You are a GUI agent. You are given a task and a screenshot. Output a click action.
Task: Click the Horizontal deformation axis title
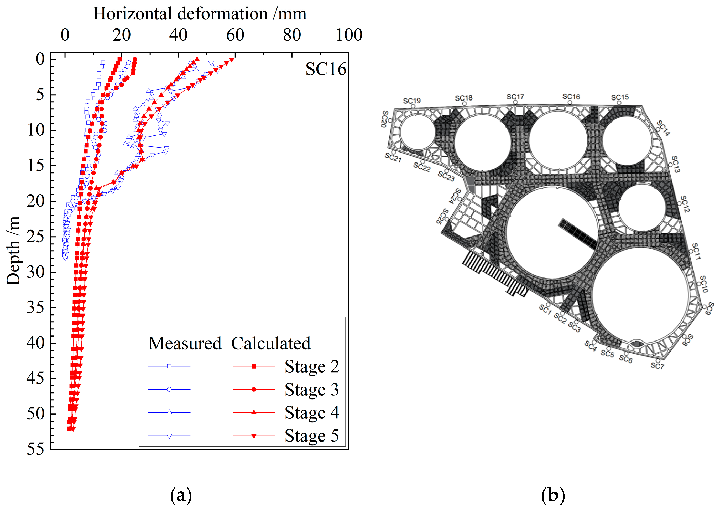[x=200, y=14]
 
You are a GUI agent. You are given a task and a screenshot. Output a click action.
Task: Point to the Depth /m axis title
[x=13, y=251]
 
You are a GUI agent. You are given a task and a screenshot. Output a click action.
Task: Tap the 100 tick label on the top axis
[x=349, y=35]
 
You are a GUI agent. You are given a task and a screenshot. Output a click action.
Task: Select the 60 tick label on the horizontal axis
[x=235, y=35]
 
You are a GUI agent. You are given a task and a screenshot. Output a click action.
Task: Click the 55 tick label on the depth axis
[x=35, y=449]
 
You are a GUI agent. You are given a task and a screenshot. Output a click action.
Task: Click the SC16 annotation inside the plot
[x=326, y=69]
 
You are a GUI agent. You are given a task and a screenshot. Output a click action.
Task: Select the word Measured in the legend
[x=185, y=343]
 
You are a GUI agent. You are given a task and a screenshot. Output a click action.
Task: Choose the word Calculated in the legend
[x=271, y=343]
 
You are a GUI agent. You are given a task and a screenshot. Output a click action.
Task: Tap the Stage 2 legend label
[x=312, y=366]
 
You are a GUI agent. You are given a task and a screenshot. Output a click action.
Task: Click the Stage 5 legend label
[x=312, y=436]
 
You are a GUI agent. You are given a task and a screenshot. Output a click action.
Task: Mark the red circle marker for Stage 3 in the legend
[x=254, y=389]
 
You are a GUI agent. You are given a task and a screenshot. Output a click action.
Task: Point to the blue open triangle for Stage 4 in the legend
[x=169, y=412]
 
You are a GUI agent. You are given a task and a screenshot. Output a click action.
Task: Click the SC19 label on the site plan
[x=412, y=101]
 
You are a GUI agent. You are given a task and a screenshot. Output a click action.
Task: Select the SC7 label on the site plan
[x=657, y=366]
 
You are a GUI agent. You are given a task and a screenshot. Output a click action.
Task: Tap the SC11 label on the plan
[x=696, y=252]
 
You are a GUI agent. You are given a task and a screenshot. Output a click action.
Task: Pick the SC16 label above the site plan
[x=571, y=97]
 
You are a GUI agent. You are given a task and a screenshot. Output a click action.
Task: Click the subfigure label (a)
[x=181, y=495]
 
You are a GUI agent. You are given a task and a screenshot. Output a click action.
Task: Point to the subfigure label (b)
[x=553, y=495]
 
